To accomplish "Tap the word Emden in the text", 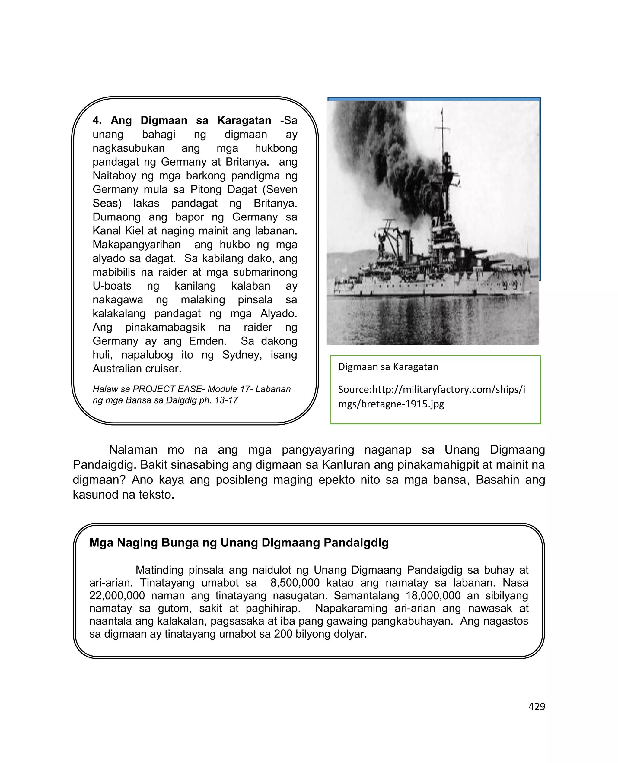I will pos(207,341).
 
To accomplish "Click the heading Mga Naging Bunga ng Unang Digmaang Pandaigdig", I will pos(239,543).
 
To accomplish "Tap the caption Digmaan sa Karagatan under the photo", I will pos(388,367).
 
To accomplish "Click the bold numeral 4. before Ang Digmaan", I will pos(97,120).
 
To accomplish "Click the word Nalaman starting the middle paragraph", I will pos(133,450).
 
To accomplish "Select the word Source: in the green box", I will pos(355,390).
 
